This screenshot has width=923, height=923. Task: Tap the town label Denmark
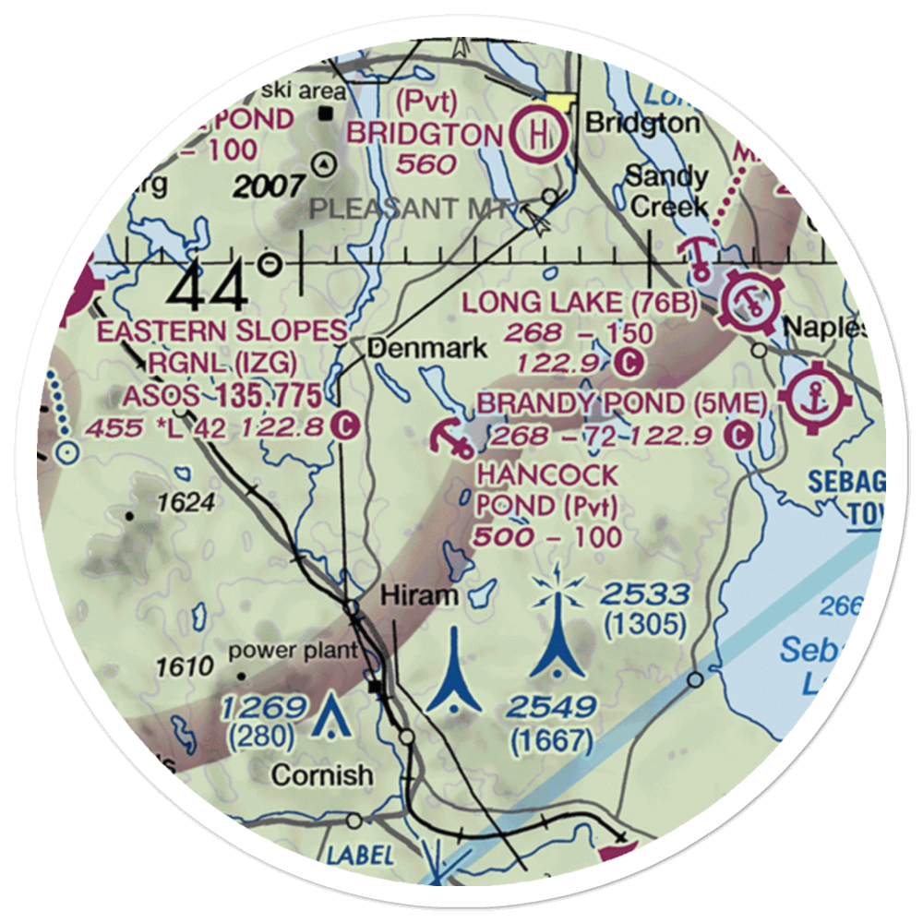(426, 349)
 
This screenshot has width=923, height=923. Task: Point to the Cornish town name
(323, 775)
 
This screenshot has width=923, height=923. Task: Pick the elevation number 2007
(269, 186)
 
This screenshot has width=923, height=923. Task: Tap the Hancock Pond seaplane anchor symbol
(452, 438)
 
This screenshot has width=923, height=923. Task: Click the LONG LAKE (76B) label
(580, 303)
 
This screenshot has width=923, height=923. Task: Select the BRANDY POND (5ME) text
(621, 403)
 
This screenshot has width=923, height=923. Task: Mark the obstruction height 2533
(644, 594)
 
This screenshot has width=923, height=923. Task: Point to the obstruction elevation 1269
(263, 709)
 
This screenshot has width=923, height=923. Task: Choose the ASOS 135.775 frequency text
(222, 396)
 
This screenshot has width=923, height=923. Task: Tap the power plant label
(293, 651)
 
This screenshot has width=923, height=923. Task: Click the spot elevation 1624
(185, 503)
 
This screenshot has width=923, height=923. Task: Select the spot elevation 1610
(184, 665)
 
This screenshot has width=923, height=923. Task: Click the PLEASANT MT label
(411, 210)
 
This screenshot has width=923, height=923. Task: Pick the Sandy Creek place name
(667, 190)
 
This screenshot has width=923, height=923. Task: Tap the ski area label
(303, 91)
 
